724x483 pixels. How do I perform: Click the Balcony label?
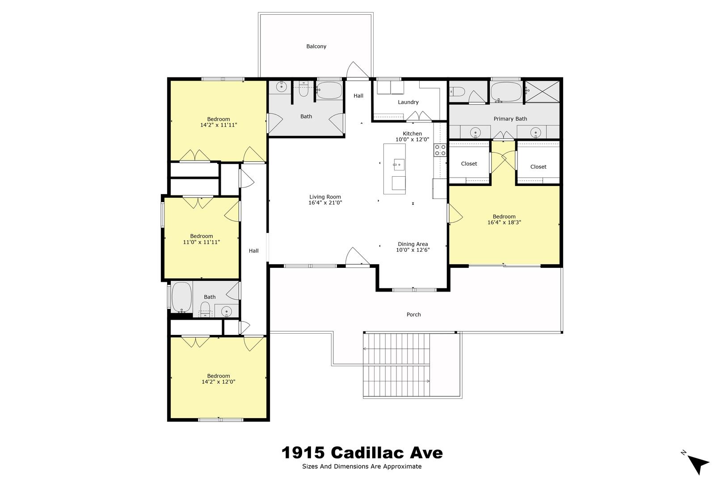tap(316, 46)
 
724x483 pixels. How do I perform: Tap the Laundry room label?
tap(408, 102)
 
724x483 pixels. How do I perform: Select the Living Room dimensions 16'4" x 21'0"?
tap(325, 203)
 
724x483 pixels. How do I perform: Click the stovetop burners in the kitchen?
tap(440, 150)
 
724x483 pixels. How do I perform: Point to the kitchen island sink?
tap(399, 165)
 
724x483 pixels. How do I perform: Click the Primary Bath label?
tap(510, 119)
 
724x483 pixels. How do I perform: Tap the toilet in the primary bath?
tap(457, 92)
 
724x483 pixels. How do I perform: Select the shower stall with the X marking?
tap(542, 92)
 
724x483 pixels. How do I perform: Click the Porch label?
tap(413, 314)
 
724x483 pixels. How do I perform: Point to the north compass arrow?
tap(698, 465)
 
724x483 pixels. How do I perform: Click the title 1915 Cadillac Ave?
tap(362, 453)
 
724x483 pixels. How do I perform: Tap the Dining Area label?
tap(413, 244)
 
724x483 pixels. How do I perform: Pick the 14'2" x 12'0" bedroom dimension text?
tap(219, 382)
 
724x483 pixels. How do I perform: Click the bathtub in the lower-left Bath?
tap(181, 297)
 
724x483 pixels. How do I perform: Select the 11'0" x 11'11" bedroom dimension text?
tap(202, 242)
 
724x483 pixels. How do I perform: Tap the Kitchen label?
tap(412, 134)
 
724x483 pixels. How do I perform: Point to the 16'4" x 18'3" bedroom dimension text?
tap(504, 222)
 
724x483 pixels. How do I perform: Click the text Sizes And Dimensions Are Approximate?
tap(362, 466)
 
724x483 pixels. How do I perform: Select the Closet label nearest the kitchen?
tap(469, 164)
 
